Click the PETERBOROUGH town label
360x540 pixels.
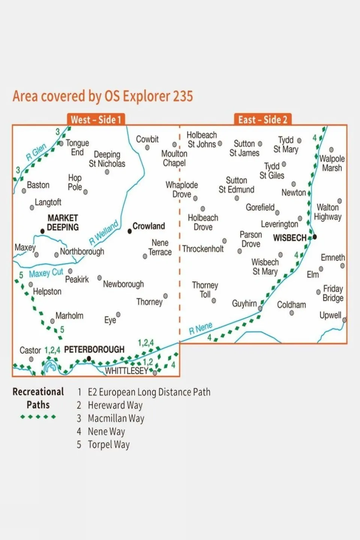click(x=94, y=350)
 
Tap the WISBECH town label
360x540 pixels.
click(x=290, y=238)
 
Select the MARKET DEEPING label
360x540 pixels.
click(x=63, y=223)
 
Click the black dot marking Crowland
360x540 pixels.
click(x=130, y=232)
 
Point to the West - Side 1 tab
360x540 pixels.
click(x=96, y=120)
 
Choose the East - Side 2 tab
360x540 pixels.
click(x=263, y=120)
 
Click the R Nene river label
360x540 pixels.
click(x=200, y=328)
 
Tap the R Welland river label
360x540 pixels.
click(x=104, y=233)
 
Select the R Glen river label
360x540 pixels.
click(x=36, y=152)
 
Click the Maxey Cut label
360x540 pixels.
click(x=46, y=273)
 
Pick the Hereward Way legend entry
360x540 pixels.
click(x=115, y=405)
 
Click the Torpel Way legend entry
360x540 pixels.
click(x=108, y=445)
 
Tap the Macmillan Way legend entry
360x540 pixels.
click(x=116, y=418)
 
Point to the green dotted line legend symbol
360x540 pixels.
click(x=38, y=417)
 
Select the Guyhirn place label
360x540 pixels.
click(x=244, y=304)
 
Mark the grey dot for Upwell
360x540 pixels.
click(x=344, y=320)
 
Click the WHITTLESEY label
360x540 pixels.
click(x=127, y=371)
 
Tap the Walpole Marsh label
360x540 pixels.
click(x=332, y=163)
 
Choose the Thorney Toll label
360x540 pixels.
click(x=205, y=290)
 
